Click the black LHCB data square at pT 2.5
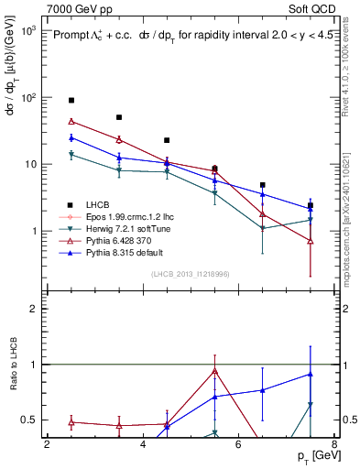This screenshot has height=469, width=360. point(71,100)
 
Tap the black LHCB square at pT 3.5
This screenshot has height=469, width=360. point(119,117)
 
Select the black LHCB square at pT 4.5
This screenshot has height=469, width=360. point(167,140)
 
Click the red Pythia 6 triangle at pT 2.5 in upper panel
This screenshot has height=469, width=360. point(71,121)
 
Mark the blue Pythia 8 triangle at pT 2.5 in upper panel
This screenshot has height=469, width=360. point(71,137)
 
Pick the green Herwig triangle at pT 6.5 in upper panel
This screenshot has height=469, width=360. point(262,227)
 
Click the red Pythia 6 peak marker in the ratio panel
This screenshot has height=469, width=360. point(214,371)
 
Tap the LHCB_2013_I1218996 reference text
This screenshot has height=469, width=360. point(191,276)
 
